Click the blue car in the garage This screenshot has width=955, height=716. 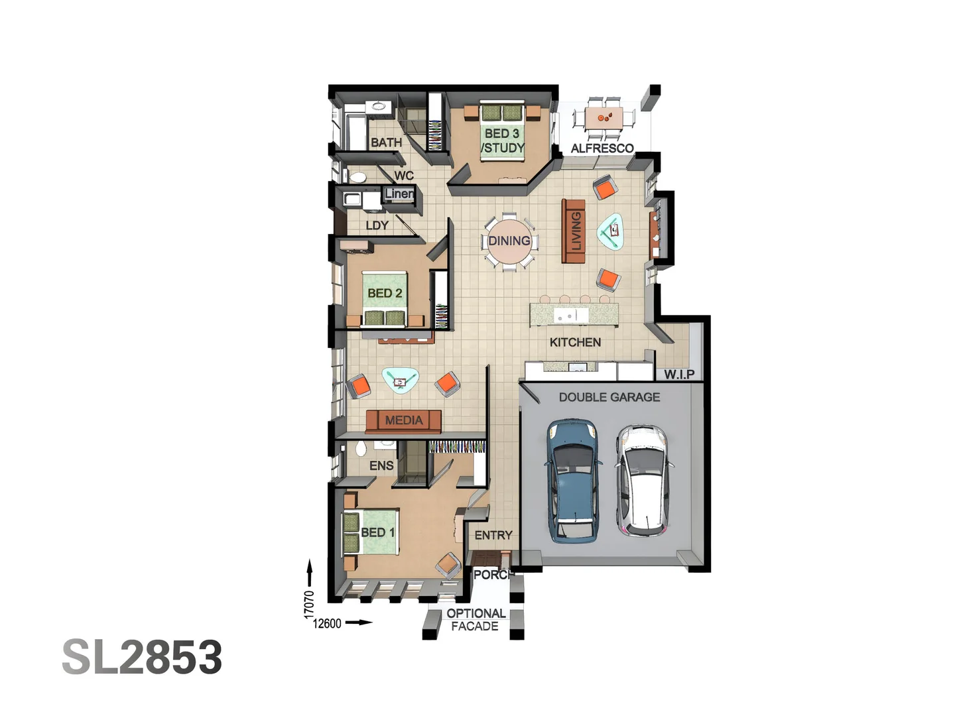pos(573,479)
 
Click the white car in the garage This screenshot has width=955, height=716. pos(642,480)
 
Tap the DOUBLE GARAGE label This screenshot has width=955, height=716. pos(609,397)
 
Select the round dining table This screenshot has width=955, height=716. pos(509,241)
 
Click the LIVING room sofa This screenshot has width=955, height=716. pos(574,231)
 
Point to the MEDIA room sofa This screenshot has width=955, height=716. pos(403,420)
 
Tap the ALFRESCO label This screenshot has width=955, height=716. pos(602,149)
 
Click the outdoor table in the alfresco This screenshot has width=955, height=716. pos(604,118)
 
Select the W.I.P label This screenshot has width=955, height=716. pos(679,375)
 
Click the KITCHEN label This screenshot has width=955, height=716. pos(575,342)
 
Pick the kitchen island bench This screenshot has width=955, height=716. pos(574,315)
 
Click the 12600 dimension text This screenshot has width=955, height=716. pos(327,623)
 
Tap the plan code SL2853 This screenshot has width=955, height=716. pos(142,658)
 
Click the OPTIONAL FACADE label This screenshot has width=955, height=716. pos(476,620)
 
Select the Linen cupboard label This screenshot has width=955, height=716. pos(399,194)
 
